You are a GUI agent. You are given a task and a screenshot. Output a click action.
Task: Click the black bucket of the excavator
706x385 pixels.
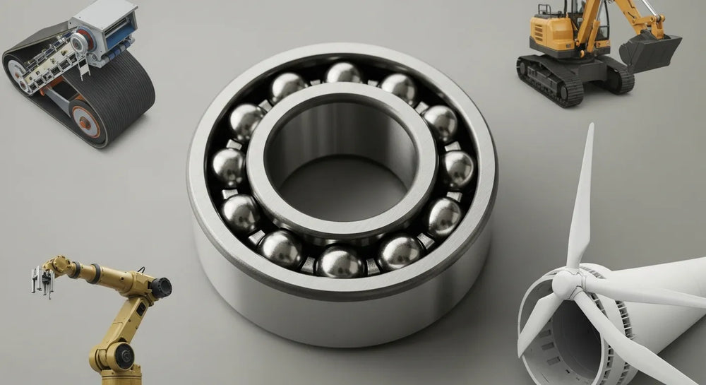(x=648, y=51)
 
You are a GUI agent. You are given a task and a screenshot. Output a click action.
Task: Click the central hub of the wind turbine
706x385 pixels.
(x=565, y=284)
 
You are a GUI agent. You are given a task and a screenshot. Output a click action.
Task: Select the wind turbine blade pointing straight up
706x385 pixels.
(x=582, y=198)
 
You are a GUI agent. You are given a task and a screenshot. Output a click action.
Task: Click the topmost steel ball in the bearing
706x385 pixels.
(x=343, y=73)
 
